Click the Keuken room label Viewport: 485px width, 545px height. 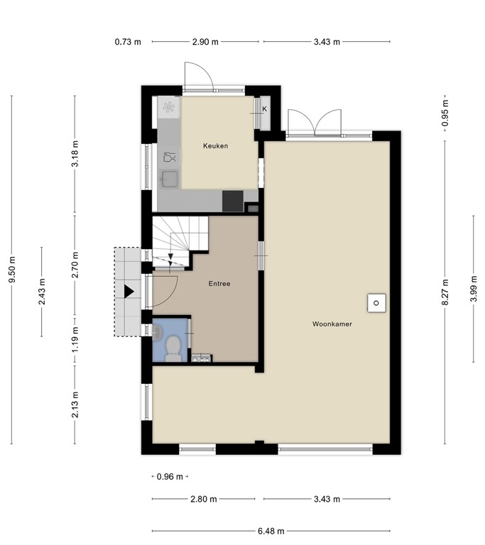click(x=215, y=146)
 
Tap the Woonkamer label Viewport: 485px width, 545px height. click(x=332, y=324)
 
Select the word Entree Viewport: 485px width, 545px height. click(x=219, y=284)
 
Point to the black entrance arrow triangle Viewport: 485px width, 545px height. click(x=129, y=291)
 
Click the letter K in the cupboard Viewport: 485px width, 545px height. click(x=264, y=109)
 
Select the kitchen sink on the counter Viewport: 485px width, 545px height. click(x=170, y=177)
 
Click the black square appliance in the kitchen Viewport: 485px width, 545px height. click(x=232, y=201)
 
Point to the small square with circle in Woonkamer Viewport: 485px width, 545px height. click(x=376, y=303)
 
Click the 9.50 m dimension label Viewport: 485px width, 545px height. click(x=12, y=270)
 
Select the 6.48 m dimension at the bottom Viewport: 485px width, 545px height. click(x=271, y=531)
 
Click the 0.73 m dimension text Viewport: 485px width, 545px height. click(x=128, y=42)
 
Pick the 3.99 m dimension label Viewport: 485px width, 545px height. click(x=474, y=290)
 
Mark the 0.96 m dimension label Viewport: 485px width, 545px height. click(x=169, y=477)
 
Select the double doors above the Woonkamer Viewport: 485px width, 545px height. click(x=314, y=122)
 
